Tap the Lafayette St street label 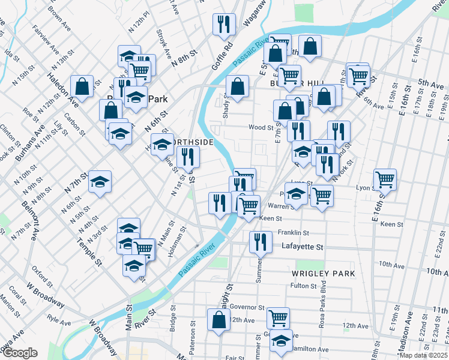(303, 247)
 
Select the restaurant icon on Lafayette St (260, 242)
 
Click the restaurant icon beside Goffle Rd (224, 24)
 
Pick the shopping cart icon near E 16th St (385, 179)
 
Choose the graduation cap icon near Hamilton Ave (281, 340)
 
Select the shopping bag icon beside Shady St (238, 86)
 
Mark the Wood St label (261, 127)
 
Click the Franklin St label (293, 233)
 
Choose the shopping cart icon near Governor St (278, 317)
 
